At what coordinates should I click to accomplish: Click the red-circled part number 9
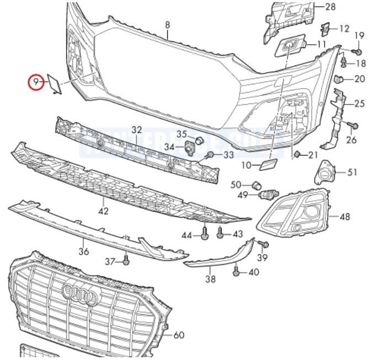pos(36,83)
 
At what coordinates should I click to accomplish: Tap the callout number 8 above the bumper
pos(168,24)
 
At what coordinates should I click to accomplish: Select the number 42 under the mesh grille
pos(104,211)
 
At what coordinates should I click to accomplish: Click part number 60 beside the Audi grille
pos(179,335)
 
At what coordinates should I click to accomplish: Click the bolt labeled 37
pos(126,259)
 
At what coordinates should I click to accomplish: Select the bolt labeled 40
pos(237,271)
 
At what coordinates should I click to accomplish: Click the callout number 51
pos(353,173)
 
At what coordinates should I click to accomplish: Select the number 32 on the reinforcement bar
pos(137,130)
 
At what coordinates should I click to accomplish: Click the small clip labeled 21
pos(297,154)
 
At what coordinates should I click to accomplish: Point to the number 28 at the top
pos(330,7)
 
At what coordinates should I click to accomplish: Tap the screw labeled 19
pos(358,51)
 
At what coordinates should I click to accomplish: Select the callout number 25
pos(359,103)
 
